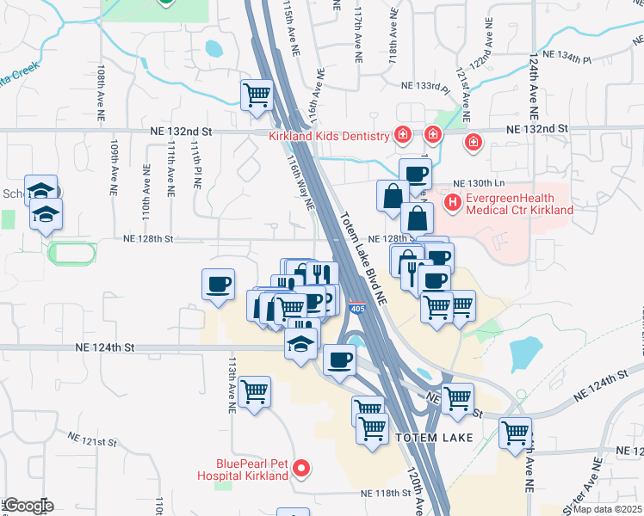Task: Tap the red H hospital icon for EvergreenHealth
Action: (451, 203)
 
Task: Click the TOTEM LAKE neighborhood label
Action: (428, 438)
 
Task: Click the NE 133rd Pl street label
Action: (426, 87)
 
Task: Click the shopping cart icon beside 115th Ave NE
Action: (257, 95)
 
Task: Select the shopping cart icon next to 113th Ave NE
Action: (255, 392)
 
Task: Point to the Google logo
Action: (28, 506)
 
